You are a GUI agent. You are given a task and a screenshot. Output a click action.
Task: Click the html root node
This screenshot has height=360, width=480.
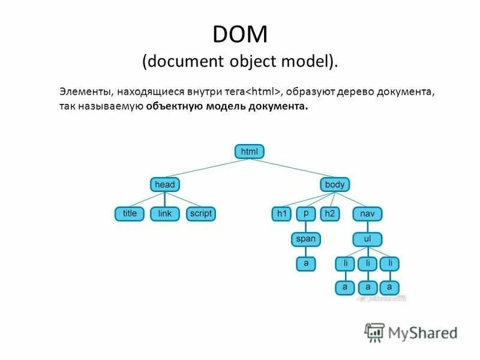click(x=249, y=152)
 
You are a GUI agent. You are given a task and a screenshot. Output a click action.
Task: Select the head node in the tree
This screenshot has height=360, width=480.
click(x=165, y=185)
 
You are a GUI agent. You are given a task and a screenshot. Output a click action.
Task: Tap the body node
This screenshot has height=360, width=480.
click(x=335, y=185)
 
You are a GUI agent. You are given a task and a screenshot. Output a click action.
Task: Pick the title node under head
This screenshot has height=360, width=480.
click(x=130, y=214)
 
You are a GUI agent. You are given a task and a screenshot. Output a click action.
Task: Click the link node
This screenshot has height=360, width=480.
click(x=165, y=214)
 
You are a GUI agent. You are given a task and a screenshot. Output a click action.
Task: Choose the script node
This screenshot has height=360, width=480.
click(x=200, y=214)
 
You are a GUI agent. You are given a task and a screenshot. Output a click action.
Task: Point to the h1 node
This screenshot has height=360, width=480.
click(x=281, y=214)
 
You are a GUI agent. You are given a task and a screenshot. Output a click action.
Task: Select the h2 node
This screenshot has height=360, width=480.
click(x=329, y=214)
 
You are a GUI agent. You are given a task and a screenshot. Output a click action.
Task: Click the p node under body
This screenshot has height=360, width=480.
click(x=306, y=214)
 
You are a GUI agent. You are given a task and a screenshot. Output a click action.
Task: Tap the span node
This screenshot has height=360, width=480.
click(x=306, y=239)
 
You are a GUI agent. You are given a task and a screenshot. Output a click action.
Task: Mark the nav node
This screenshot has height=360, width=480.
click(x=367, y=214)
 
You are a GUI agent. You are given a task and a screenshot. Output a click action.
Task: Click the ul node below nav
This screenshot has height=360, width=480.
click(x=367, y=239)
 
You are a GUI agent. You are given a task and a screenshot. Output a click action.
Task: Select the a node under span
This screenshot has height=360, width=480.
click(x=306, y=263)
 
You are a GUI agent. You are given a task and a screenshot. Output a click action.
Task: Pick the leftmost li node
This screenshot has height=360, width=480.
click(x=346, y=263)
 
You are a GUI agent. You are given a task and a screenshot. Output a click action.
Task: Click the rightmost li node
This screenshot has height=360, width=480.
click(x=390, y=263)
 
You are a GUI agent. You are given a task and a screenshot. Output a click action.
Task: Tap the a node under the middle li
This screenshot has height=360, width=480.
click(x=367, y=287)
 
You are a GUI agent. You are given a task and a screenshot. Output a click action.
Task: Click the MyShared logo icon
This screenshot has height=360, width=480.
click(x=374, y=331)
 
